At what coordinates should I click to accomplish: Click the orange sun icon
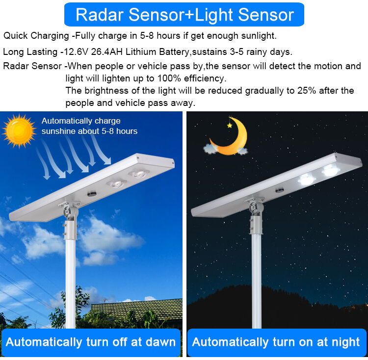[x=19, y=131]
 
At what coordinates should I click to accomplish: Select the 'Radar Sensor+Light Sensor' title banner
[x=184, y=15]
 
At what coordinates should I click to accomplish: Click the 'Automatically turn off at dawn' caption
[x=91, y=341]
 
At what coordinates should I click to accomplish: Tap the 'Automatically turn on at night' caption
[x=276, y=341]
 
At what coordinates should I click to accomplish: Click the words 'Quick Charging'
[x=36, y=36]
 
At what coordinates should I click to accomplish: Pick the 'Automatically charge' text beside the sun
[x=81, y=121]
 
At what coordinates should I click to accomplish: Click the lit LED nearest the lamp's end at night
[x=331, y=171]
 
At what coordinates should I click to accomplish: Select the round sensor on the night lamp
[x=280, y=190]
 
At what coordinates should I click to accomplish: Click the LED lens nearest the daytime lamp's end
[x=139, y=173]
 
